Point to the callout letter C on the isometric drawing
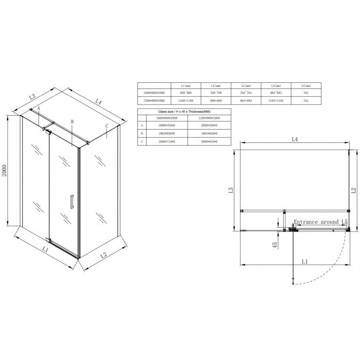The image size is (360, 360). coord(105,126)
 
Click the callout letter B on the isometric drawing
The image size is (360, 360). coord(73,122)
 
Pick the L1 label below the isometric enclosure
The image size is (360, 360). coord(45,250)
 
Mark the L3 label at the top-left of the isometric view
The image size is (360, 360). coord(31,96)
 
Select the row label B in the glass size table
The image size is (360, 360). coord(141,133)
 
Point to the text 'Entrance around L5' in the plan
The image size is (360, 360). coord(319,222)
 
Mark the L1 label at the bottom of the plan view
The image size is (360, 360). coord(304,262)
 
